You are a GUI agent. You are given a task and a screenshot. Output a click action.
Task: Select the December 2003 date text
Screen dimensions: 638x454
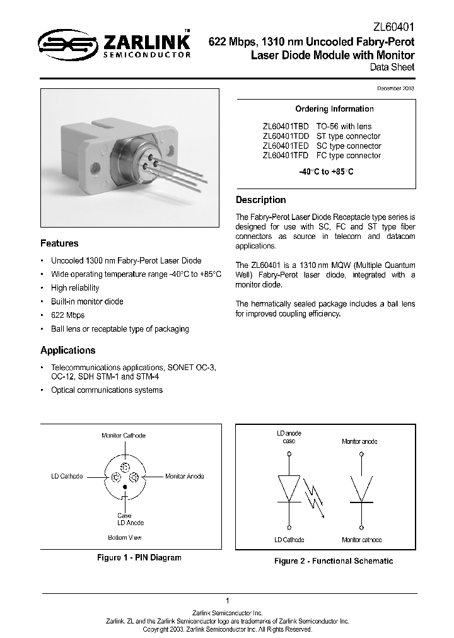pos(396,89)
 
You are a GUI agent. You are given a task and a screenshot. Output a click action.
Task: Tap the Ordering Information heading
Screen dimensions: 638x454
pos(325,109)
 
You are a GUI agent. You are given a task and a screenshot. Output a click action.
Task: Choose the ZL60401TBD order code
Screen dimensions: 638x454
pos(286,127)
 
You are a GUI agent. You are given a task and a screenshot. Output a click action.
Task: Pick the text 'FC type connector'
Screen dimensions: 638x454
pos(348,155)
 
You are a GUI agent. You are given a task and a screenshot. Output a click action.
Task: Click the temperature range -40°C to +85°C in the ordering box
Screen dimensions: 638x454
pos(326,172)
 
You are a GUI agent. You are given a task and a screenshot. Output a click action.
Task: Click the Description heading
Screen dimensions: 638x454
pos(260,200)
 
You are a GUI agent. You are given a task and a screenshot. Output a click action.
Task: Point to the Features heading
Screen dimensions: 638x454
pos(59,243)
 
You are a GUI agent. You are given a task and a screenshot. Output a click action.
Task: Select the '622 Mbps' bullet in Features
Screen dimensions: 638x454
pos(67,315)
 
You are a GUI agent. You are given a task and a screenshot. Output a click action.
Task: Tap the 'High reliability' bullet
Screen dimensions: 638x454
pos(78,287)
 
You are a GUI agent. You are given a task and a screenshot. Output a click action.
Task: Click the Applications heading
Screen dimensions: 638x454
pos(67,351)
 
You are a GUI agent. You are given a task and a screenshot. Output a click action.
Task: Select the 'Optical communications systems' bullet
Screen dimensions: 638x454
pos(107,390)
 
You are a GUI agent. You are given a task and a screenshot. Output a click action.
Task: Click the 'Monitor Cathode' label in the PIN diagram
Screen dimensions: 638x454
pos(124,436)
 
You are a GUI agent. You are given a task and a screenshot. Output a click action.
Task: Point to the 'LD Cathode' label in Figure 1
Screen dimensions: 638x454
pos(67,477)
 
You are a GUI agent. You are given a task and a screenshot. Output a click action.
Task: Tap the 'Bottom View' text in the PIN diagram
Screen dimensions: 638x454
pos(124,537)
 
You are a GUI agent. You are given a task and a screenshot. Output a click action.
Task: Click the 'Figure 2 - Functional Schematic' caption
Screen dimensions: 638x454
pos(333,560)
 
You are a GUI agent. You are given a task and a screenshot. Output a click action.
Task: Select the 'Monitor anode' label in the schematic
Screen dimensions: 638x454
pos(359,442)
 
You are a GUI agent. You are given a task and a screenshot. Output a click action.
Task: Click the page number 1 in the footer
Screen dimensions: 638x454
pos(226,600)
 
